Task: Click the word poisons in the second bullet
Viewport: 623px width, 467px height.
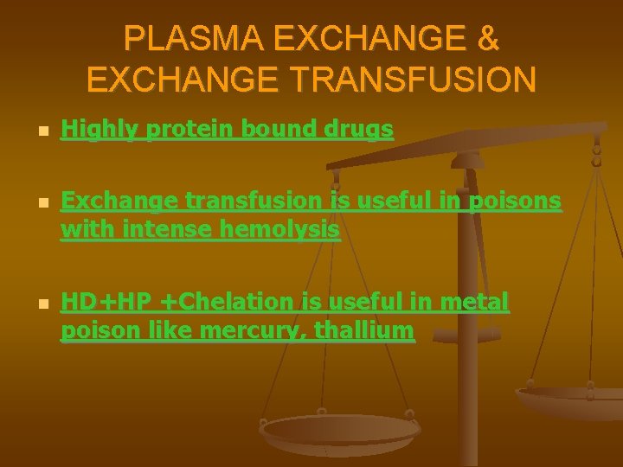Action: point(514,202)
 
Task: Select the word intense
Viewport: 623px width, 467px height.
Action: point(159,231)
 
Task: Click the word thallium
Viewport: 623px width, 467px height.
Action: point(364,331)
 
